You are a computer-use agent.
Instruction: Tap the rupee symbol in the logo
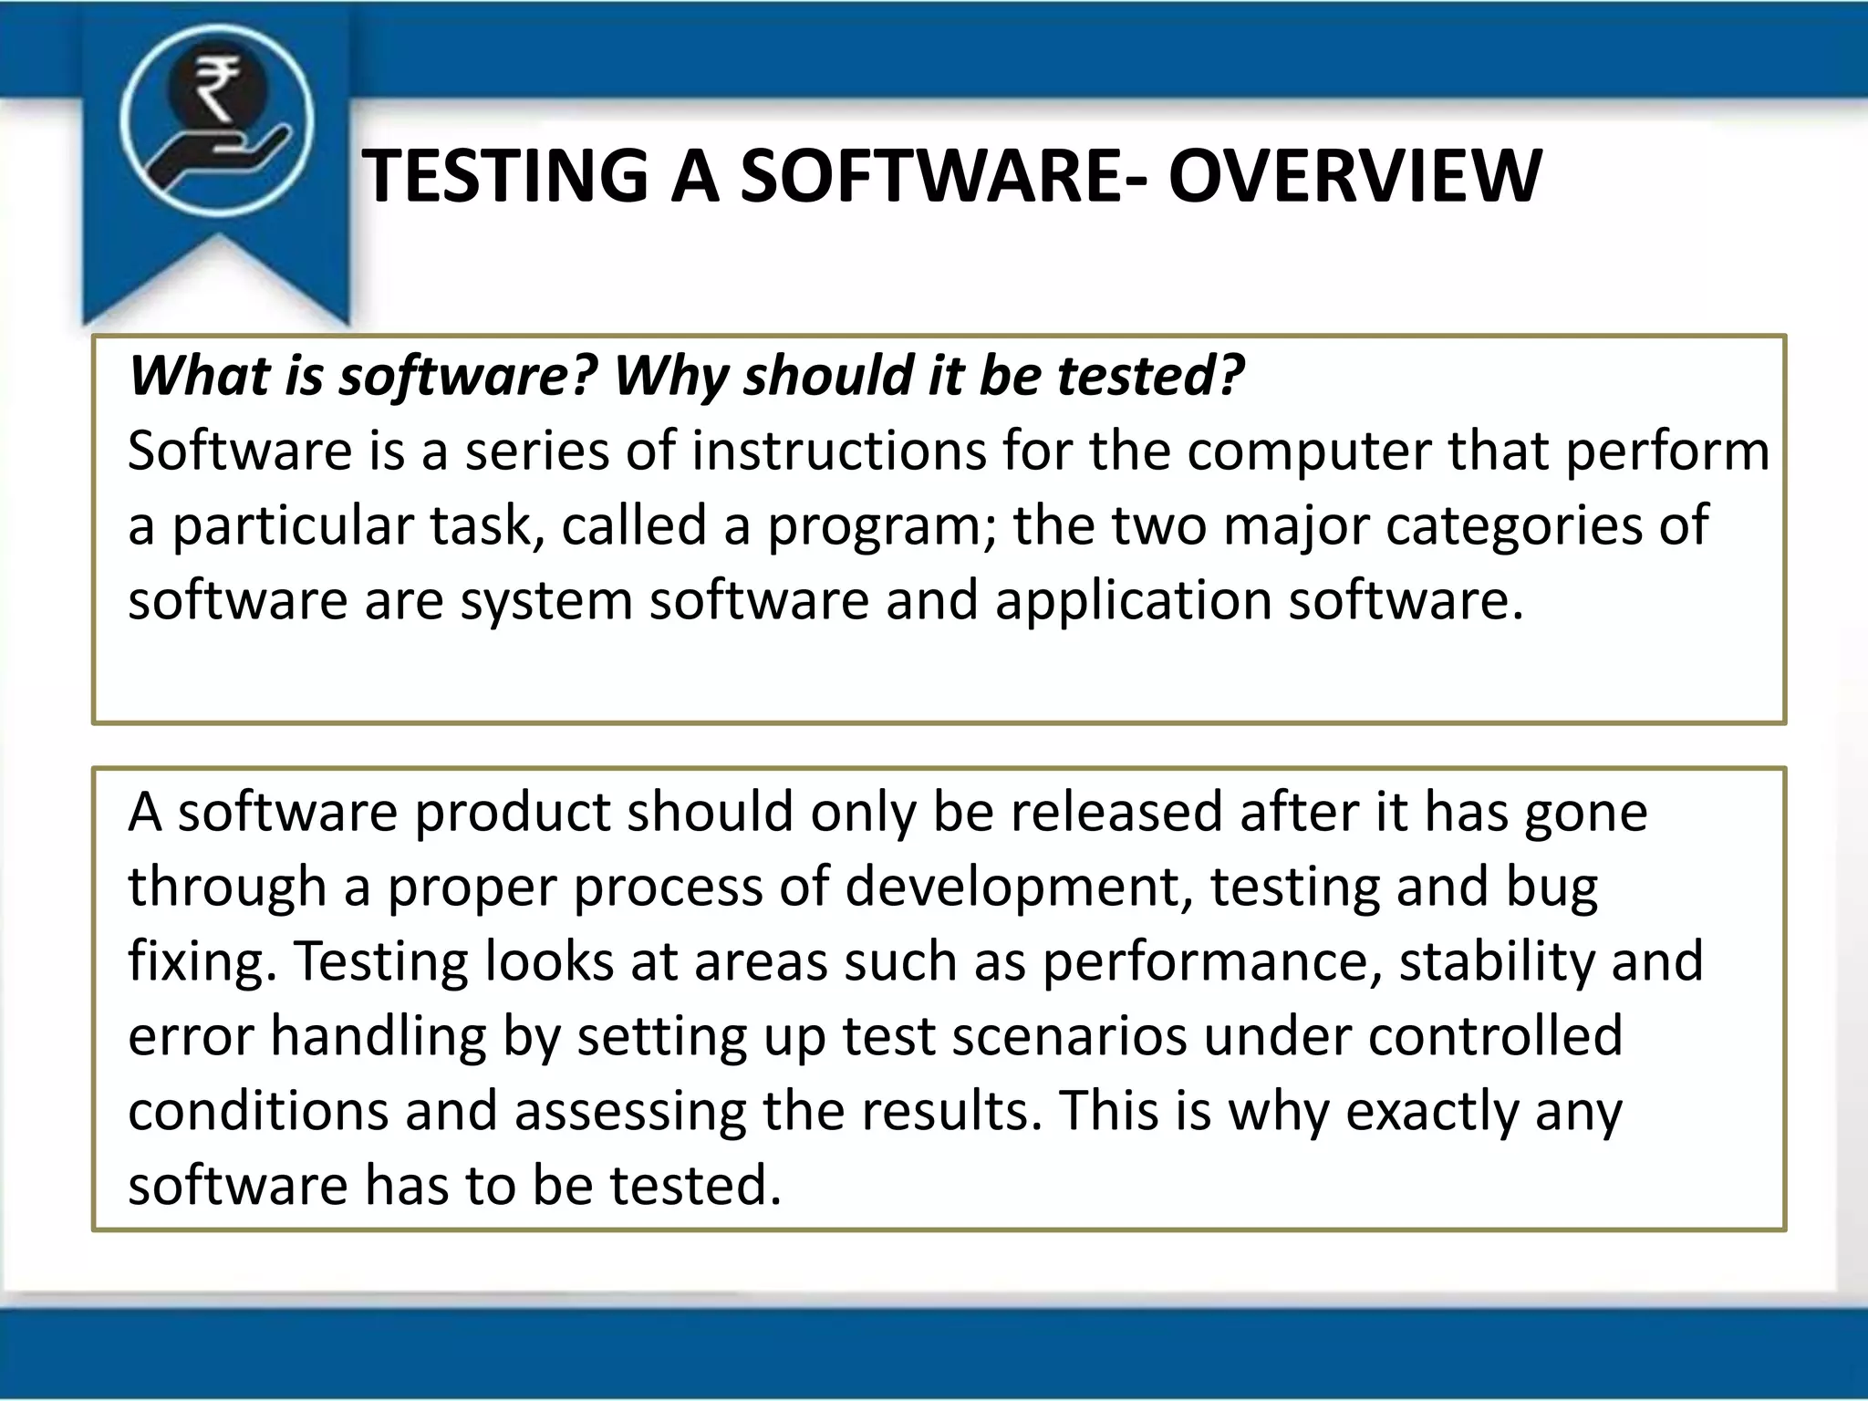217,88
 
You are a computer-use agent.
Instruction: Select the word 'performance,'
1212,962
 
